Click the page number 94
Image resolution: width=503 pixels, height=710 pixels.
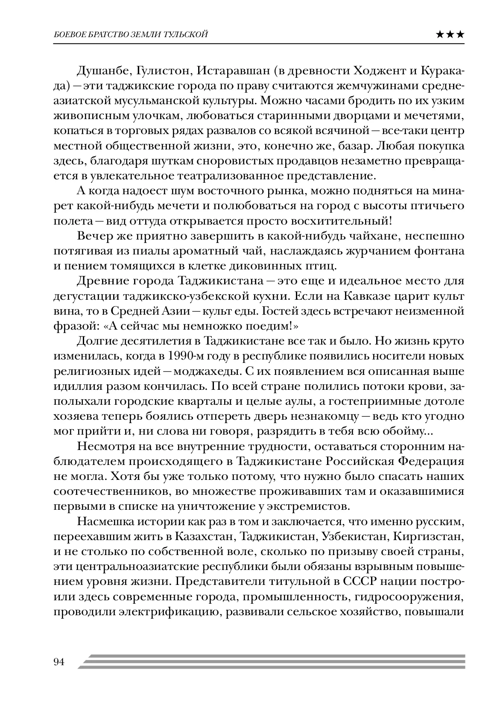tap(59, 662)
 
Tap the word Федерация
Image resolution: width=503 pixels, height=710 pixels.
tap(431, 462)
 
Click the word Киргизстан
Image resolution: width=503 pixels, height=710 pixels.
tap(430, 537)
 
